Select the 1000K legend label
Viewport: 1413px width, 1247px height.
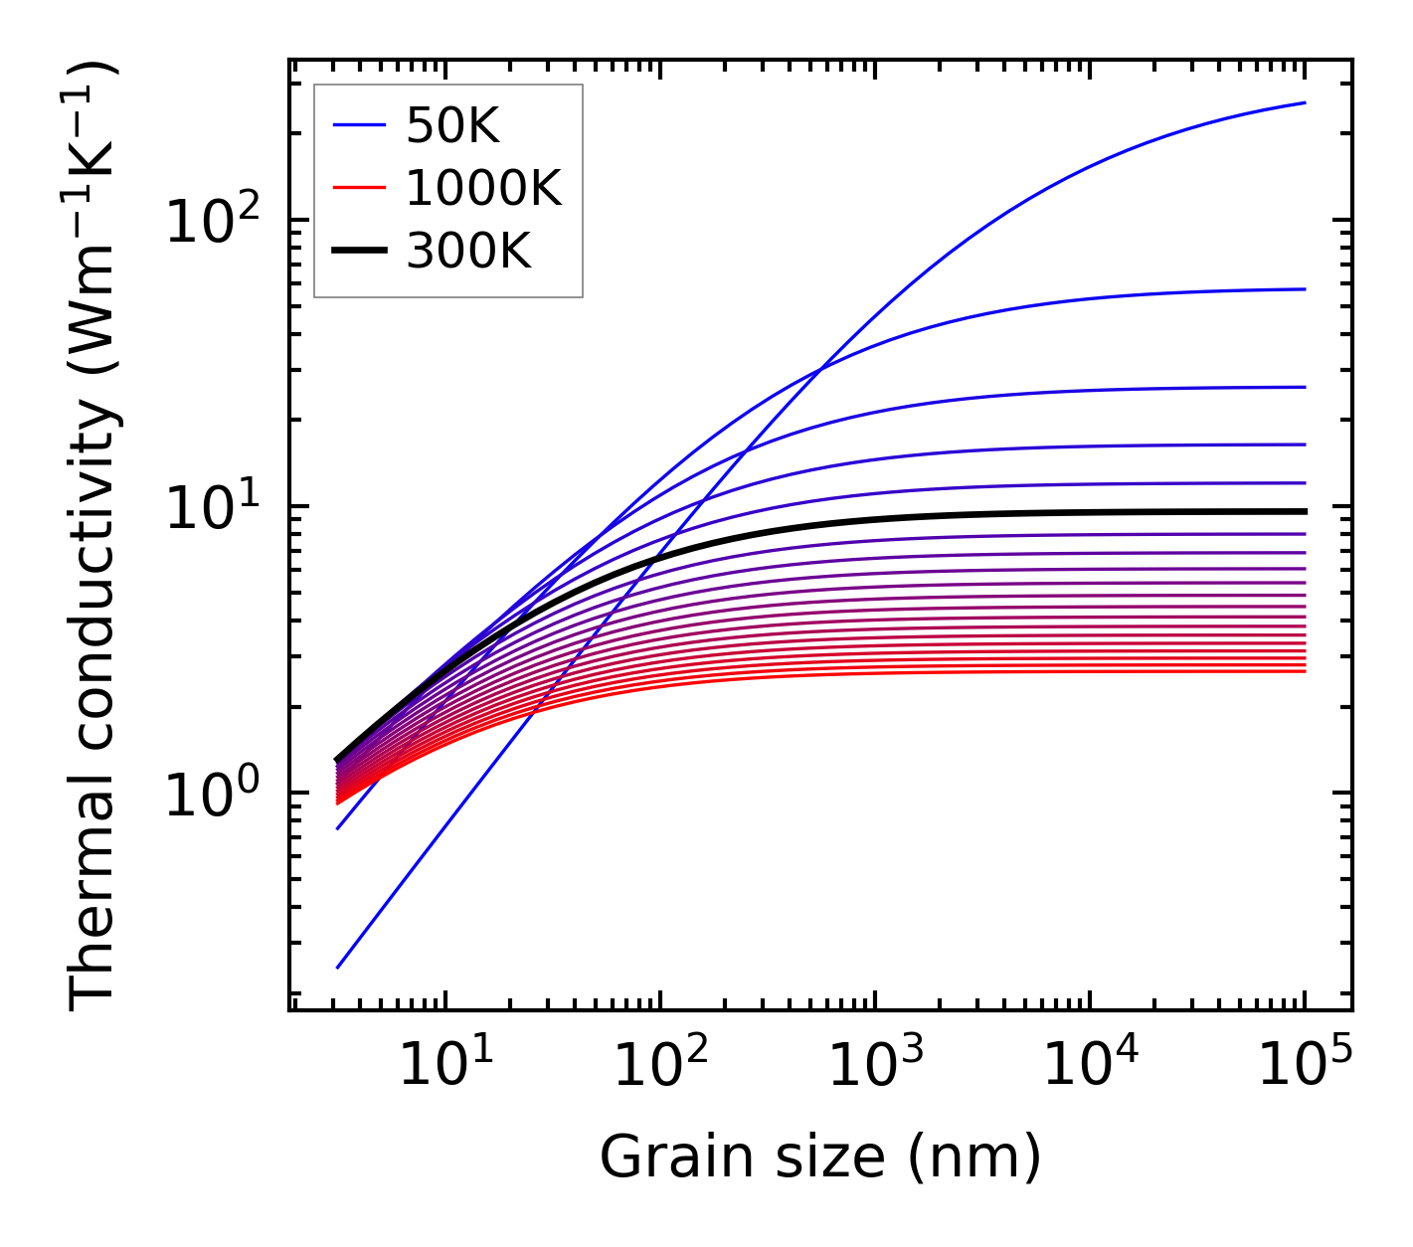tap(484, 188)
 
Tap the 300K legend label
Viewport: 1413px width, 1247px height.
tap(469, 252)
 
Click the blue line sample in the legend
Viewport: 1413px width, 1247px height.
tap(359, 125)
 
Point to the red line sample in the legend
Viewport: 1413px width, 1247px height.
tap(359, 188)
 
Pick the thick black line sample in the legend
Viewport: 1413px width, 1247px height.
tap(359, 252)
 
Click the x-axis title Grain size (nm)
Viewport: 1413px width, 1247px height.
tap(820, 1158)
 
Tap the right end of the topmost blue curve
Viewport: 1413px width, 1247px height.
tap(1305, 102)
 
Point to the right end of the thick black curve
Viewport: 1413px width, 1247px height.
tap(1305, 511)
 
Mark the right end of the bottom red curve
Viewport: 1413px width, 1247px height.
tap(1305, 671)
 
